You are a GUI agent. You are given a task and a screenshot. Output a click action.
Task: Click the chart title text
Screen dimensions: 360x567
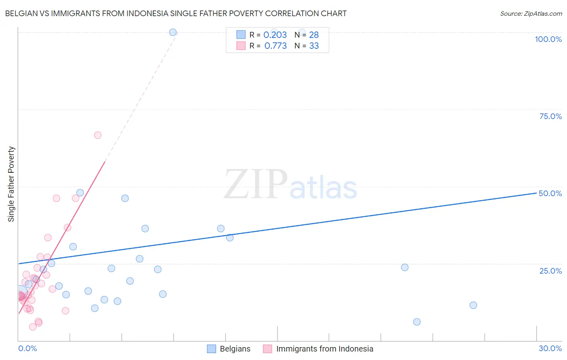coord(176,14)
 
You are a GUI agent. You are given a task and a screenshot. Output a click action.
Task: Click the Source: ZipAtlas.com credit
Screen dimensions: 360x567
coord(531,14)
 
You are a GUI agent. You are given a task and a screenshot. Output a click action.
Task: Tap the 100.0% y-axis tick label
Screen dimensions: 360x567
coord(548,39)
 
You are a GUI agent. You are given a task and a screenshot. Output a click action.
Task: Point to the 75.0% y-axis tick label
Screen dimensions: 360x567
coord(550,116)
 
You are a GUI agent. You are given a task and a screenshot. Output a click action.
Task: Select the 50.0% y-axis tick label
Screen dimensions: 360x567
coord(550,193)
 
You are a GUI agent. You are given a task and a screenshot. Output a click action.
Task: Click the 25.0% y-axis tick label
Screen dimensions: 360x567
coord(550,271)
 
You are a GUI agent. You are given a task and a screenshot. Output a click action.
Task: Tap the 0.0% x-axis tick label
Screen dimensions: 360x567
coord(27,348)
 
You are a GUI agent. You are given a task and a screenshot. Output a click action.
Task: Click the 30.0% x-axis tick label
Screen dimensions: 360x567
coord(550,348)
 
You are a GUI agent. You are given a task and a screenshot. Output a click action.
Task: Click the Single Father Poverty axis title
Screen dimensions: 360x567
coord(11,184)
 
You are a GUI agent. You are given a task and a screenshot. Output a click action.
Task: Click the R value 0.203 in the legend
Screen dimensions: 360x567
coord(275,35)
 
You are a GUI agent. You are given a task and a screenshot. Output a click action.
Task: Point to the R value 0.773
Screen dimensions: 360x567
coord(275,46)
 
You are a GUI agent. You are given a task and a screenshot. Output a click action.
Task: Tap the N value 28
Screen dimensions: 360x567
coord(314,35)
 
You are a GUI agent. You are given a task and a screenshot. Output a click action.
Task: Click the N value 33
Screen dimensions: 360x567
coord(314,46)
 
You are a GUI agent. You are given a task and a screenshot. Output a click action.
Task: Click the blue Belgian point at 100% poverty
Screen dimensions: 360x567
coord(173,32)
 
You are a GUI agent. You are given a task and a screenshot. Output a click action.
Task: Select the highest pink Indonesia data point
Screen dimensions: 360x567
coord(98,135)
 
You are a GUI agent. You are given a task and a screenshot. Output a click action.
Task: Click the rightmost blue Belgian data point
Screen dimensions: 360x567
coord(473,305)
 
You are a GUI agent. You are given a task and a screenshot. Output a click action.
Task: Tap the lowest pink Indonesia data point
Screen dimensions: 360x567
coord(33,327)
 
